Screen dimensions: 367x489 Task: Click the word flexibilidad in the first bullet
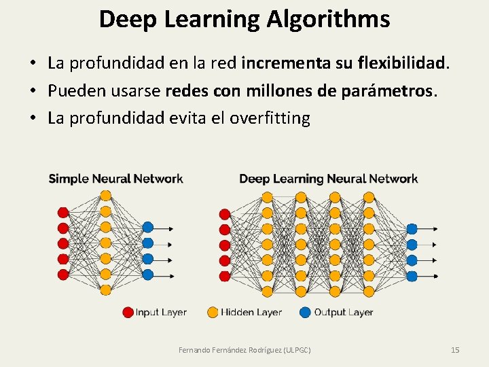pos(400,64)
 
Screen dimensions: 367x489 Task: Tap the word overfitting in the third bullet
pos(270,118)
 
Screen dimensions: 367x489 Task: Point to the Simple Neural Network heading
pos(115,179)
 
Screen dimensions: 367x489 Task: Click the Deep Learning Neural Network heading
pos(328,179)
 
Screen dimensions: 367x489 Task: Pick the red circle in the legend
pos(128,312)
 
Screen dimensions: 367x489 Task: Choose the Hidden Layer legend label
pos(251,312)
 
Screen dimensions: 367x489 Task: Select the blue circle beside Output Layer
pos(305,312)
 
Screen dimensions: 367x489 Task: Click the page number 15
pos(455,349)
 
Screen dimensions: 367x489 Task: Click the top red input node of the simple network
pos(63,211)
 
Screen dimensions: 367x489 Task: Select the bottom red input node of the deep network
pos(224,276)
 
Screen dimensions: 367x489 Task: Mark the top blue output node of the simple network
pos(147,227)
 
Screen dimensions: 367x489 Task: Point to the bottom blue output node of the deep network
pos(411,276)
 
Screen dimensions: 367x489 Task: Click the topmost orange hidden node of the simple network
pos(105,196)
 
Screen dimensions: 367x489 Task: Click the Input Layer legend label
pos(161,312)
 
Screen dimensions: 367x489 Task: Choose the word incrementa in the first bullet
pos(283,64)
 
